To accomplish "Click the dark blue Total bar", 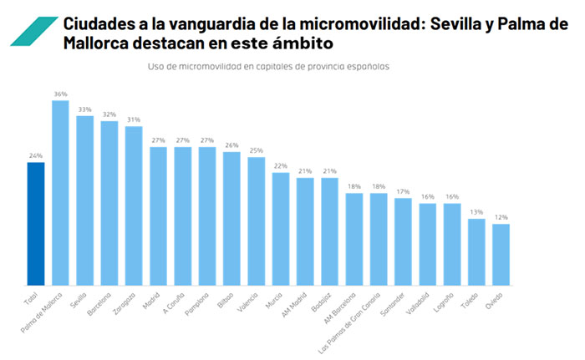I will pos(36,223).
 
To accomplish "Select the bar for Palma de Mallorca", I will pos(60,192).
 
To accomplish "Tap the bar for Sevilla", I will pos(84,200).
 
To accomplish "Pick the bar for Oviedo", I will pos(501,254).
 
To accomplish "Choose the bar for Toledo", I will pos(476,251).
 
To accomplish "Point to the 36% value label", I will pos(60,94).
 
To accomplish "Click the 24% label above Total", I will pos(36,155).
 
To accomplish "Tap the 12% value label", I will pos(501,217).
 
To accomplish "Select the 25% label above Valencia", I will pos(256,150).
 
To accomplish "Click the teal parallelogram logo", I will pos(33,32).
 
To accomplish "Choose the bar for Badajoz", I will pos(329,231).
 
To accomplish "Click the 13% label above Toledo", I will pos(476,212).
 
